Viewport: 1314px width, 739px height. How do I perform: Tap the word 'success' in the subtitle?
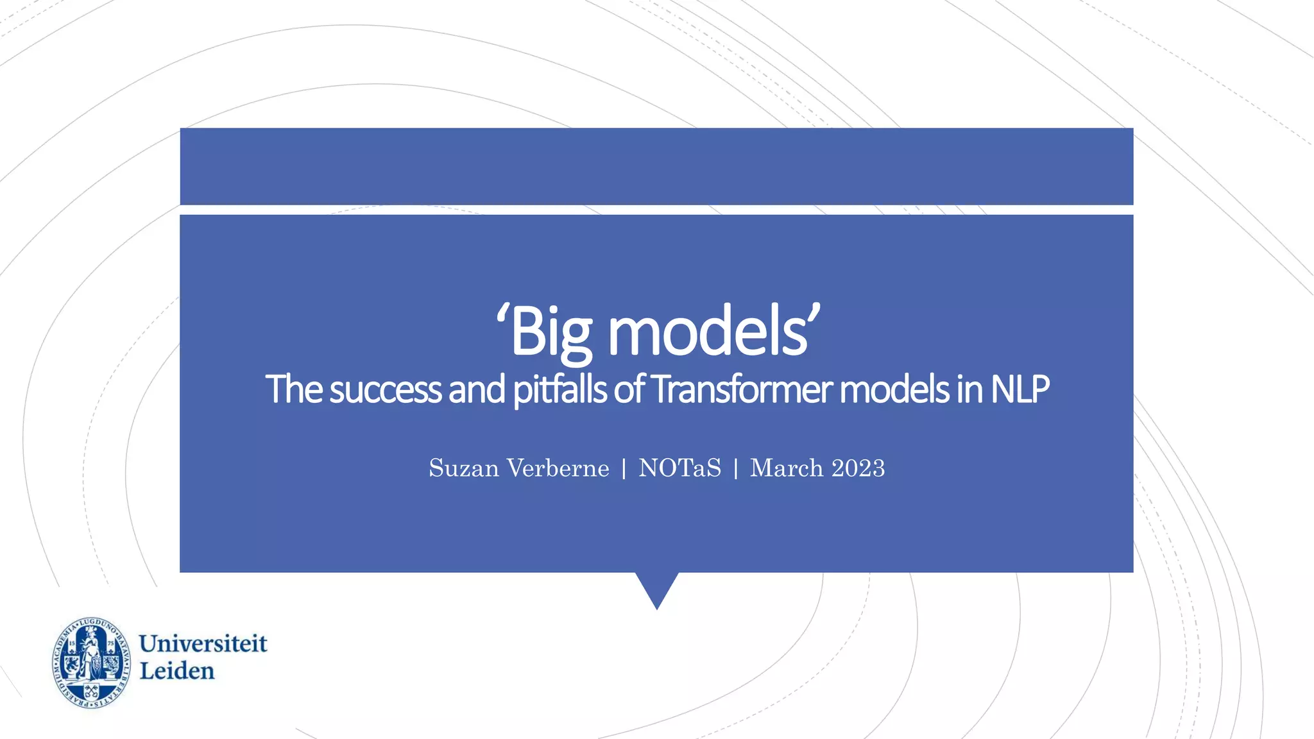pyautogui.click(x=386, y=389)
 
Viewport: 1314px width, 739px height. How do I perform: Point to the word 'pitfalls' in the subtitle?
pyautogui.click(x=559, y=389)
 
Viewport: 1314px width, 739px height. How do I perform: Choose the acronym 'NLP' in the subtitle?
pyautogui.click(x=1020, y=389)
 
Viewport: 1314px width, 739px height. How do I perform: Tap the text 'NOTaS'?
pyautogui.click(x=679, y=468)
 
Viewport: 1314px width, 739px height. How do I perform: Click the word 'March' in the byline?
pyautogui.click(x=787, y=468)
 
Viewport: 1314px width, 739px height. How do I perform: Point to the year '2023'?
pyautogui.click(x=858, y=468)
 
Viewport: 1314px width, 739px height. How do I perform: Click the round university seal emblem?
pyautogui.click(x=91, y=663)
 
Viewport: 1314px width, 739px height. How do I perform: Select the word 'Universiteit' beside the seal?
pyautogui.click(x=203, y=643)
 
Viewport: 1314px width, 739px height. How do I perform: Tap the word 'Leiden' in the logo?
pyautogui.click(x=177, y=671)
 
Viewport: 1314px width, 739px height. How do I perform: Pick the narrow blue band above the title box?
pyautogui.click(x=656, y=166)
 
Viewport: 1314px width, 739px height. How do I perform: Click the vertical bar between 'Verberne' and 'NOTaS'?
pyautogui.click(x=624, y=469)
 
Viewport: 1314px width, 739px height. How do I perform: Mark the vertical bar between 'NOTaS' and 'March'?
pyautogui.click(x=735, y=469)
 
